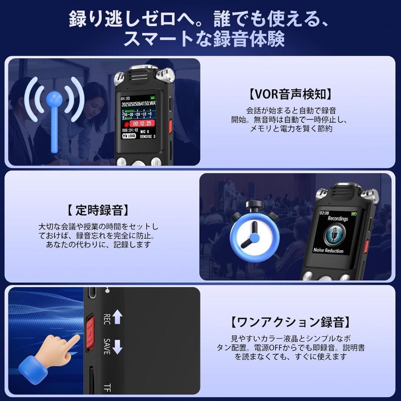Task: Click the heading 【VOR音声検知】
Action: (x=290, y=94)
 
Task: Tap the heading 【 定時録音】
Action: (x=98, y=210)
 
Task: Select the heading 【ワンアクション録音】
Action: (x=290, y=322)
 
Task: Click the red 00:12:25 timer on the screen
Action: (x=142, y=124)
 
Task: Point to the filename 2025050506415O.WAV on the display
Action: (x=138, y=104)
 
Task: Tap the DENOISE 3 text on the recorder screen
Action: (x=147, y=137)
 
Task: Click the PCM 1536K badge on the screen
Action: (x=129, y=136)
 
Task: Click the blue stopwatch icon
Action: (x=254, y=232)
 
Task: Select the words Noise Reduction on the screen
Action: (x=328, y=250)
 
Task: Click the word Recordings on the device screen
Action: (x=338, y=218)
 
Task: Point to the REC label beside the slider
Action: (x=107, y=319)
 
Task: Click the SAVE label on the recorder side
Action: (x=107, y=346)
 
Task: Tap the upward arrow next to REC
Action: (x=117, y=317)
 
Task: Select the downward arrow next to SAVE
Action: (x=117, y=347)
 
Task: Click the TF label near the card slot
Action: (x=107, y=388)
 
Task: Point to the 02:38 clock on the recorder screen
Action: (x=324, y=213)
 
